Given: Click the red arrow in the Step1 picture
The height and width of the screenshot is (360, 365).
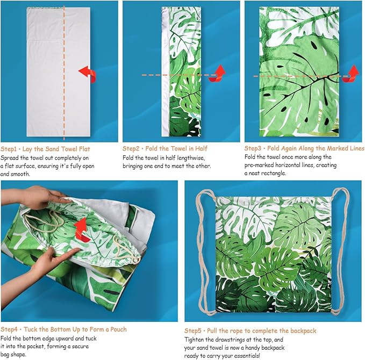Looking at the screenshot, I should pyautogui.click(x=87, y=74).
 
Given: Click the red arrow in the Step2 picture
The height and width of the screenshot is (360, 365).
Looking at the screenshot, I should pyautogui.click(x=217, y=74).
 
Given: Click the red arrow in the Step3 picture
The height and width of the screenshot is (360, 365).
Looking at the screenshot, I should pyautogui.click(x=352, y=73).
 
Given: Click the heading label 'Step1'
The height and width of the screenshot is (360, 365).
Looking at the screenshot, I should pyautogui.click(x=10, y=149).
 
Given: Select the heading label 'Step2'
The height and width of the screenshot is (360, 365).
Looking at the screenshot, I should pyautogui.click(x=132, y=148).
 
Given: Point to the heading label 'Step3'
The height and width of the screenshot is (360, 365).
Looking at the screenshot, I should pyautogui.click(x=254, y=148).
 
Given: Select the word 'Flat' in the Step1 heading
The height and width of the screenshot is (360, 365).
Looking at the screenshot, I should pyautogui.click(x=87, y=149).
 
